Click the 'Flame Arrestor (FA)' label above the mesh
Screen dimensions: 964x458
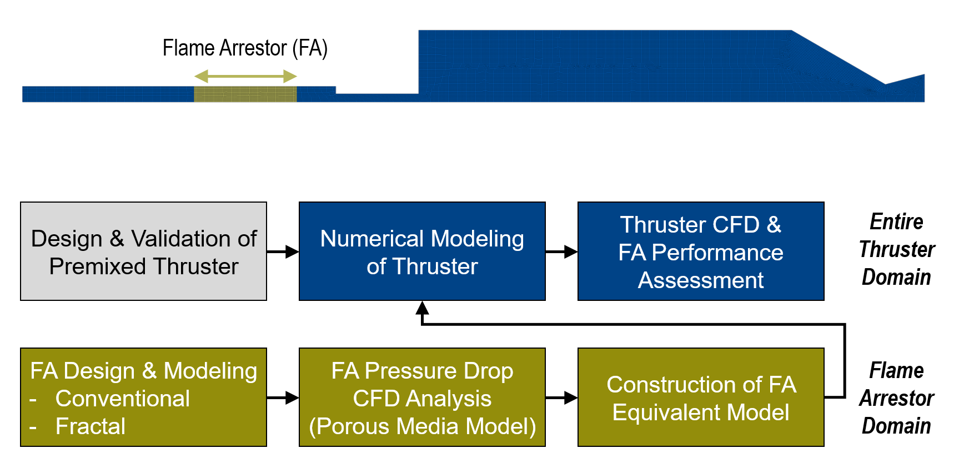[x=245, y=48]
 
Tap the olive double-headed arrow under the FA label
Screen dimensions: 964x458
[x=245, y=76]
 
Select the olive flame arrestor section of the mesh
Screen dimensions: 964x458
[x=245, y=94]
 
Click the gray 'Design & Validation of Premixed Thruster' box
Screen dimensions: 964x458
[x=143, y=251]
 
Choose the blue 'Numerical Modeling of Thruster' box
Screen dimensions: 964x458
[x=422, y=251]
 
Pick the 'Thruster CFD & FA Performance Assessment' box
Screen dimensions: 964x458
[x=701, y=251]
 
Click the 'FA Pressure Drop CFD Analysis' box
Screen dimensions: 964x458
[x=422, y=397]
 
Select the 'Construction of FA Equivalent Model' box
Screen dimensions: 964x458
[x=701, y=397]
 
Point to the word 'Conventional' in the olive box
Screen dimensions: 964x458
[x=123, y=399]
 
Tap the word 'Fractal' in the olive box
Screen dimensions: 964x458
[x=91, y=426]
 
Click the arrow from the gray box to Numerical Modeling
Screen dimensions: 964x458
[x=283, y=251]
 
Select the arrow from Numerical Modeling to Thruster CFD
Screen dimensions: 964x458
[x=562, y=251]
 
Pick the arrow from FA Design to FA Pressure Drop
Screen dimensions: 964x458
[x=283, y=397]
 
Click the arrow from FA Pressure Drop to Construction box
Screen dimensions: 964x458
[x=562, y=397]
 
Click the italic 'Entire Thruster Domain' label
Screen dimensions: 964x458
[x=896, y=249]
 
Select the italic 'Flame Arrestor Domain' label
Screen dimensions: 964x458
[x=896, y=398]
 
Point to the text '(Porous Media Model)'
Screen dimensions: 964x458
[x=423, y=426]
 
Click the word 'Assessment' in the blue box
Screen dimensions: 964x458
[x=701, y=280]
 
